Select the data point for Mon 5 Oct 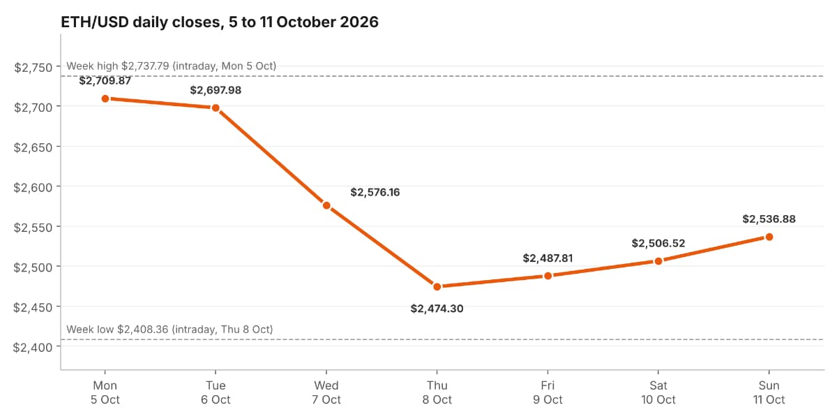click(105, 98)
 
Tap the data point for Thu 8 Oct click(437, 287)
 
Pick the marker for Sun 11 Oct click(769, 237)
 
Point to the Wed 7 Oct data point click(326, 205)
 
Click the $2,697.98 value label click(216, 90)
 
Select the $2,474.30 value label click(437, 309)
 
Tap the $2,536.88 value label click(769, 219)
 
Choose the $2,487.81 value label click(548, 258)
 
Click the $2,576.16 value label click(375, 192)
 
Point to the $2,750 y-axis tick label click(33, 68)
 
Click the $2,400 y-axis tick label click(33, 348)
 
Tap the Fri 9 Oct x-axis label click(548, 392)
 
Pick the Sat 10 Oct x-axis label click(658, 392)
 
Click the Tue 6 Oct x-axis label click(216, 392)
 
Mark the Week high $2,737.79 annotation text click(171, 66)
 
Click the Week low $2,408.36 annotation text click(169, 330)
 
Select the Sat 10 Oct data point click(658, 261)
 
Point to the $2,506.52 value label click(658, 244)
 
